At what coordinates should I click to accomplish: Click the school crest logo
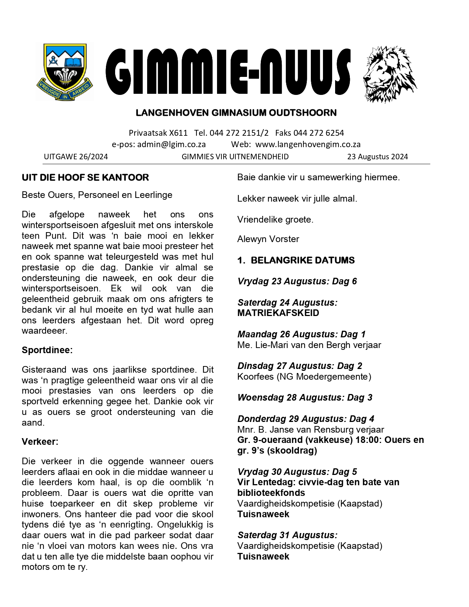[x=65, y=72]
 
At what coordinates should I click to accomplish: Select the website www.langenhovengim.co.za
[x=308, y=145]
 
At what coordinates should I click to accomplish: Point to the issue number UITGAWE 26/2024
[x=76, y=157]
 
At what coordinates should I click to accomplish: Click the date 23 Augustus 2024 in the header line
[x=377, y=157]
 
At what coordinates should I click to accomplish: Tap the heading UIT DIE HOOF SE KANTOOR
[x=85, y=178]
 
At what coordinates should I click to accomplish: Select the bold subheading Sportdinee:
[x=47, y=350]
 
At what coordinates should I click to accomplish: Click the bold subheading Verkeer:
[x=40, y=442]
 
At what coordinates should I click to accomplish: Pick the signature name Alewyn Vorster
[x=268, y=239]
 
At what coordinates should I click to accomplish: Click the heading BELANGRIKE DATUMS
[x=302, y=260]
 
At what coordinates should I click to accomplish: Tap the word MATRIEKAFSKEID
[x=278, y=313]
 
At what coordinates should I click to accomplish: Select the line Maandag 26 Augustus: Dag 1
[x=301, y=334]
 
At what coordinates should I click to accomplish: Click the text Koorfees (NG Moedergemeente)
[x=304, y=377]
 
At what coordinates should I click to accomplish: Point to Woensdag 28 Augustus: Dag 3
[x=305, y=398]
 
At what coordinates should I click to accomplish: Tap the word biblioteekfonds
[x=271, y=493]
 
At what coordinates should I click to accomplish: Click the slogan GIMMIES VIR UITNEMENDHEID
[x=235, y=157]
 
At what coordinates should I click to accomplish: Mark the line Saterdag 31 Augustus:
[x=287, y=535]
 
